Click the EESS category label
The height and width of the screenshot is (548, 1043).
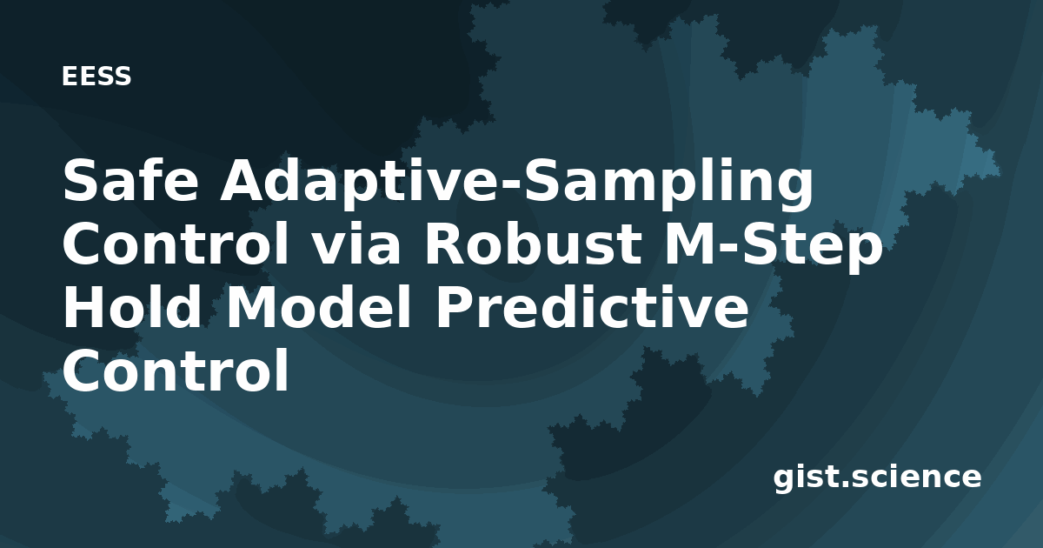point(96,77)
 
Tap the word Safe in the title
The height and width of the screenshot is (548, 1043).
point(131,180)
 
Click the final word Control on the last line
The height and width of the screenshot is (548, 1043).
point(176,370)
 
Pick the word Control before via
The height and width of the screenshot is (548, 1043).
point(176,244)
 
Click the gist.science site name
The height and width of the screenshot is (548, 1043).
point(877,478)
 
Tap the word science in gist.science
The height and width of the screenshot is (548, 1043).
point(916,476)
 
